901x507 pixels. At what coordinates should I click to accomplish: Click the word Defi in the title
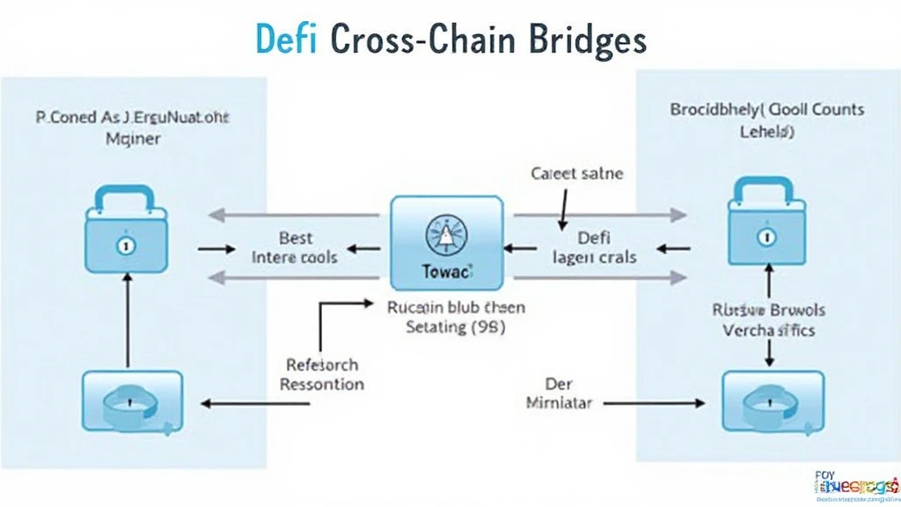(285, 40)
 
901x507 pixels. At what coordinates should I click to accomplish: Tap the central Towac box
(446, 243)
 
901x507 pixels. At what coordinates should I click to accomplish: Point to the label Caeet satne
(577, 173)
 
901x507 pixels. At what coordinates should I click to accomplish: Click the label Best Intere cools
(295, 247)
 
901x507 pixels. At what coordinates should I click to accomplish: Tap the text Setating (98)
(447, 328)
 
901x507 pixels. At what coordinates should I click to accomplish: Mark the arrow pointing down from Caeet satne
(560, 209)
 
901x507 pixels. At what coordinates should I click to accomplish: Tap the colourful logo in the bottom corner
(849, 484)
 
